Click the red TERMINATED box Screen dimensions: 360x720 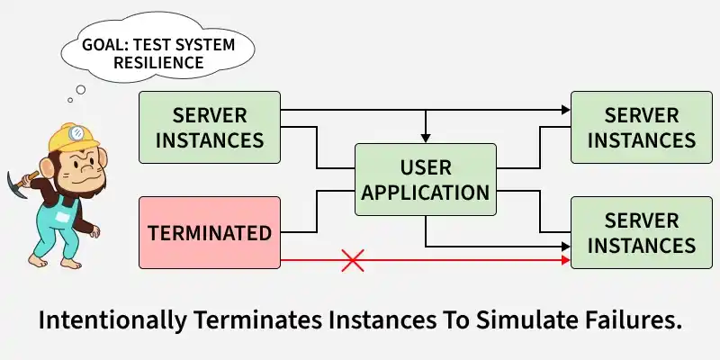[x=209, y=233]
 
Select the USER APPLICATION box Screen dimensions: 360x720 [x=425, y=180]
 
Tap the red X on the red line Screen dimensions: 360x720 [x=352, y=261]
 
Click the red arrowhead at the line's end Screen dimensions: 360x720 [x=566, y=261]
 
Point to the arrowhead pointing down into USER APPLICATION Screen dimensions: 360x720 [x=425, y=139]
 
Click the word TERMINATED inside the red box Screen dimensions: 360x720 [x=209, y=233]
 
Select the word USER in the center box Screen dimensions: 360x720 [x=425, y=167]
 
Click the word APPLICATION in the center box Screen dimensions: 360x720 [x=425, y=193]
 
